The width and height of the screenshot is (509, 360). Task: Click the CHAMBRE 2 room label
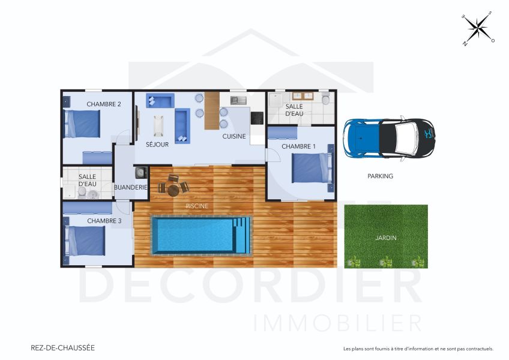(x=104, y=104)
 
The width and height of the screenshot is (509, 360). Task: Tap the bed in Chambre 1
(x=311, y=167)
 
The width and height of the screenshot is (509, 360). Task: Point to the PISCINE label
(x=197, y=206)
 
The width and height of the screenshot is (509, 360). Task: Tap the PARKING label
(x=380, y=176)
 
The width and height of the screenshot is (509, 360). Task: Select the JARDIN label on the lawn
(x=385, y=238)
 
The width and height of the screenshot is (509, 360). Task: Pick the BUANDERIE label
(x=131, y=187)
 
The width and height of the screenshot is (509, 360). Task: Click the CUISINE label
(x=234, y=136)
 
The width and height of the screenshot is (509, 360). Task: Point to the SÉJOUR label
(x=157, y=144)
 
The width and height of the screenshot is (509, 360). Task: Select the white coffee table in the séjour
(x=159, y=125)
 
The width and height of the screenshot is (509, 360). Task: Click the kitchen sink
(x=237, y=99)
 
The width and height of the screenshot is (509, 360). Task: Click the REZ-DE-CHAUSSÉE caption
(x=62, y=347)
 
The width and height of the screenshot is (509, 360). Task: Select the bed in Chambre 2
(x=83, y=124)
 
